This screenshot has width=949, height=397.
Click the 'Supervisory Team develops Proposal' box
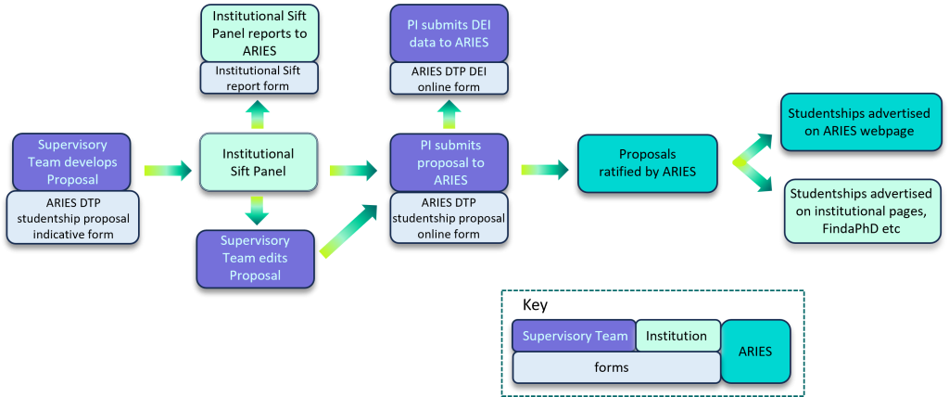71,161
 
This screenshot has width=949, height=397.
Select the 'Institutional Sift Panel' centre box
259,162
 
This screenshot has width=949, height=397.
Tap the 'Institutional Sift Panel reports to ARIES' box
259,32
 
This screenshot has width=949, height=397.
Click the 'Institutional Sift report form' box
259,78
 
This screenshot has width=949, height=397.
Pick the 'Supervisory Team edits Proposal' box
256,258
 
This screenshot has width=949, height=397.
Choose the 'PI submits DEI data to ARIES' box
449,32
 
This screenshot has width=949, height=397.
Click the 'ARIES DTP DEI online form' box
449,78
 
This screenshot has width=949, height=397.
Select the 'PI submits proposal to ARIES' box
449,162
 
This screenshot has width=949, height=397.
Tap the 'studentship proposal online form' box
449,218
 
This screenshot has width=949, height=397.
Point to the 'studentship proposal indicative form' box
72,218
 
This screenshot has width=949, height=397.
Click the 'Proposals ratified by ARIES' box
647,163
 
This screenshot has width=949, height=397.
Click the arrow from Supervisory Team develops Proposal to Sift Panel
167,171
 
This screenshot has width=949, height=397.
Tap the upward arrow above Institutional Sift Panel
259,113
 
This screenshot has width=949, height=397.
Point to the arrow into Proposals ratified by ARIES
545,171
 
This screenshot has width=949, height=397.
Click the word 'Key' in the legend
535,305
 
